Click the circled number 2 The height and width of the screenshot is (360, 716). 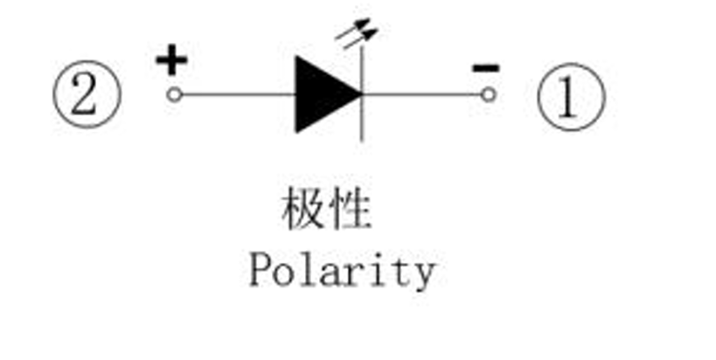tap(87, 94)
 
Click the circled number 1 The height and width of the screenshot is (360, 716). tap(571, 97)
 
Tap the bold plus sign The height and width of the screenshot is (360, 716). tap(171, 59)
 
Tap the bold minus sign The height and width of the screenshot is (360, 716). tap(486, 68)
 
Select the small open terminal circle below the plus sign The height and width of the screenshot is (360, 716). tap(175, 95)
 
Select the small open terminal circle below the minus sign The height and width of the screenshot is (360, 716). tap(488, 95)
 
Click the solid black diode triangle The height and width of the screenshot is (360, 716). tap(324, 94)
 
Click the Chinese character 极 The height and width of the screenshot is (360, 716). tap(303, 210)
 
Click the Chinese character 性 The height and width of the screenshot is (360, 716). tap(351, 210)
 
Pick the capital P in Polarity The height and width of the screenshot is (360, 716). tap(260, 270)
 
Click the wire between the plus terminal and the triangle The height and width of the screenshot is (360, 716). tap(239, 95)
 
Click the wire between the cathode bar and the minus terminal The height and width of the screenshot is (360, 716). tap(422, 95)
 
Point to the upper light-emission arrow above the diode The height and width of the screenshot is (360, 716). tap(352, 28)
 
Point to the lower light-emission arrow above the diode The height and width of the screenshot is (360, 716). tap(361, 38)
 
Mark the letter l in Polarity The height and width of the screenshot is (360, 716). tap(309, 269)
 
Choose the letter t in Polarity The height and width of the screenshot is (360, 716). tap(400, 272)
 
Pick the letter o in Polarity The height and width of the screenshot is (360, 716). tap(284, 275)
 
